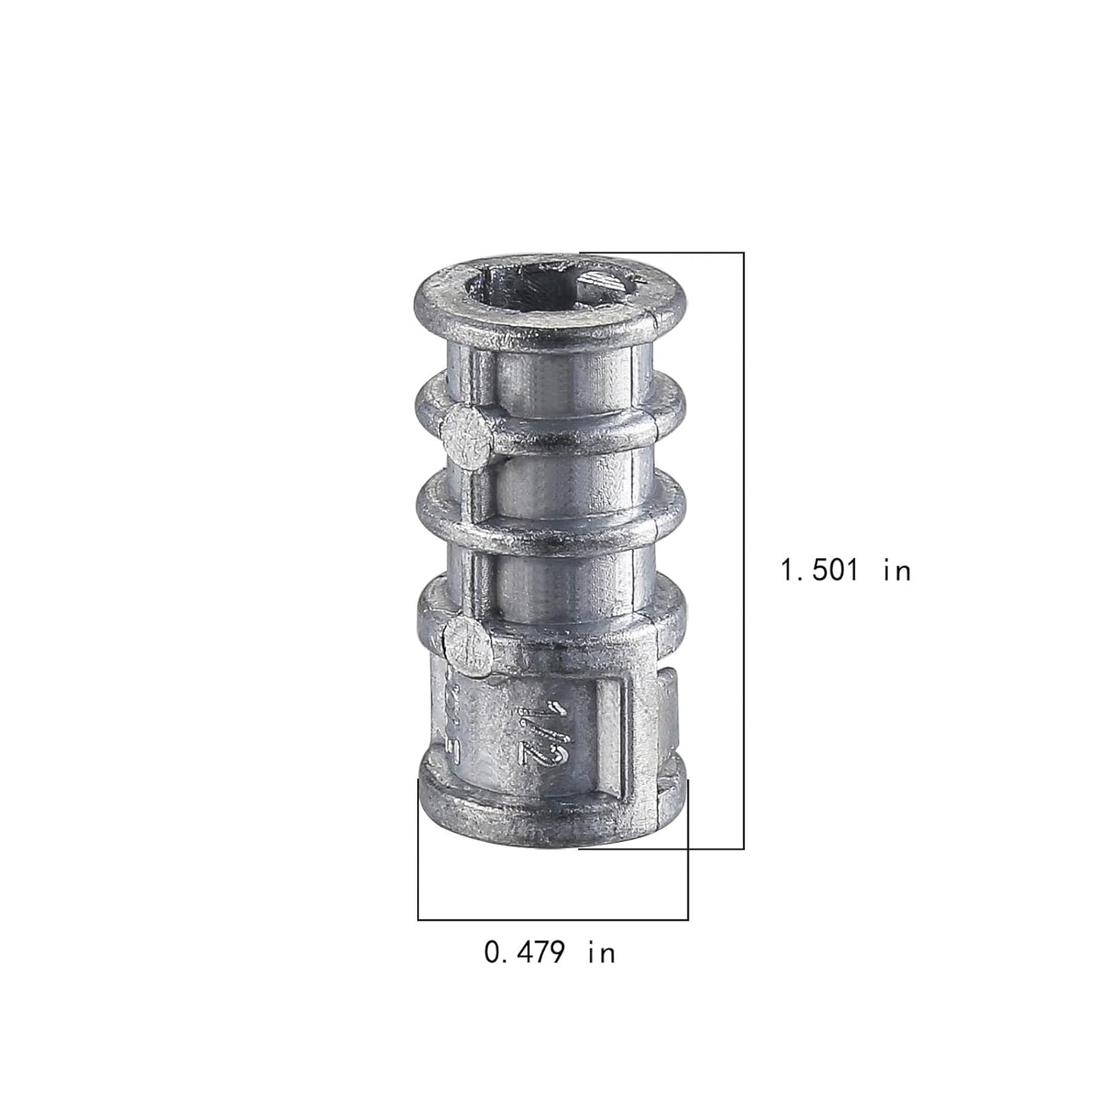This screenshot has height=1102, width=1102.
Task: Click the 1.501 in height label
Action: pyautogui.click(x=846, y=570)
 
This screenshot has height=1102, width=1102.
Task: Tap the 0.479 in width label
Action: pyautogui.click(x=549, y=952)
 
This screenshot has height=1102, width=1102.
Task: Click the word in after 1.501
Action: pyautogui.click(x=898, y=570)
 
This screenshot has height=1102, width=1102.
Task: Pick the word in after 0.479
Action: pyautogui.click(x=602, y=952)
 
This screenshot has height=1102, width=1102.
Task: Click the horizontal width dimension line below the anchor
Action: pyautogui.click(x=553, y=920)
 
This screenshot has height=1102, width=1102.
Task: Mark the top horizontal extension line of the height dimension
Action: pyautogui.click(x=661, y=252)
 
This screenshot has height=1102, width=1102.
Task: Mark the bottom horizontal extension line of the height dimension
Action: pyautogui.click(x=661, y=849)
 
